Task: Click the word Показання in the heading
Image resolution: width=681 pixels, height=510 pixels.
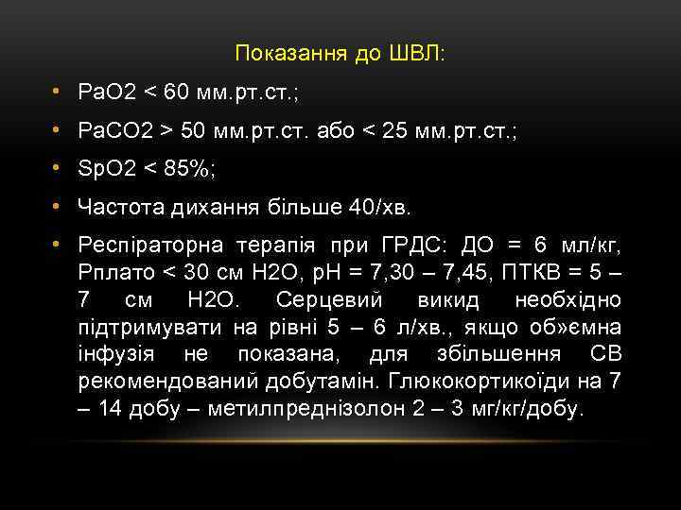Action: point(284,53)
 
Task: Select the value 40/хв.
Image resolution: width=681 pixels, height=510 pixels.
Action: point(382,207)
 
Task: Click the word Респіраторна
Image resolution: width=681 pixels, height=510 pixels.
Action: point(149,246)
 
